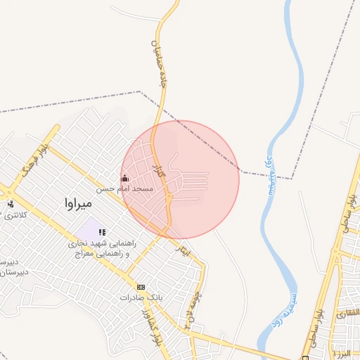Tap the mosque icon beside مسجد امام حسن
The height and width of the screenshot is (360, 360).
(x=126, y=178)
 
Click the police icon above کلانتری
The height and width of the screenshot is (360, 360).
(x=11, y=204)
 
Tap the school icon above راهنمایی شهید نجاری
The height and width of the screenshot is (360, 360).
(x=102, y=231)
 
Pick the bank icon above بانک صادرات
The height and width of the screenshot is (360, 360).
(x=141, y=287)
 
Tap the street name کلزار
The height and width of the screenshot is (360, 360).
(x=158, y=168)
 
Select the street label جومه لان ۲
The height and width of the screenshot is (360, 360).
(x=188, y=309)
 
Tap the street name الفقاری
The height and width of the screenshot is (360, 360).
(x=348, y=313)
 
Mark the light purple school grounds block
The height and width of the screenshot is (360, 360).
(x=87, y=228)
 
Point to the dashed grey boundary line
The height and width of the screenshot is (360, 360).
(x=70, y=103)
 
